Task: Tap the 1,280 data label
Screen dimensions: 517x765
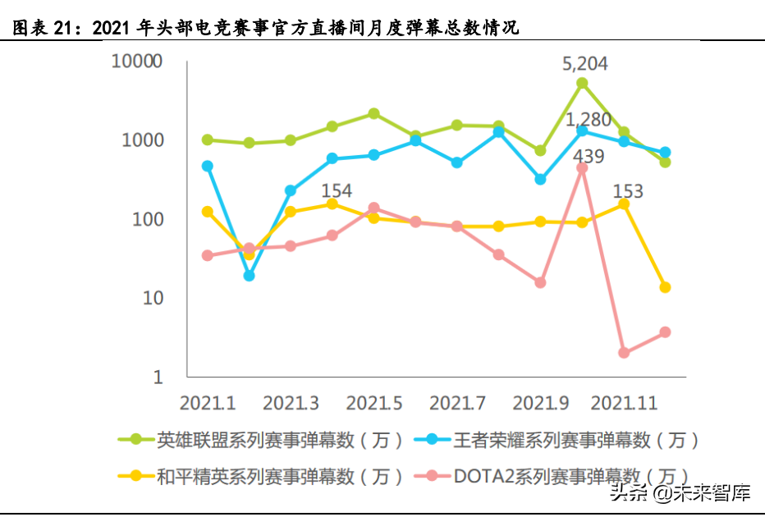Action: pyautogui.click(x=589, y=121)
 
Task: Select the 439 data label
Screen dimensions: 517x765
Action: pyautogui.click(x=588, y=156)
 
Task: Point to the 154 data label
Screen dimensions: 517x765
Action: pyautogui.click(x=336, y=191)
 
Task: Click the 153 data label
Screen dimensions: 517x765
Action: pyautogui.click(x=627, y=192)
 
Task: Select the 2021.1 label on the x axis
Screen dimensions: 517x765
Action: pyautogui.click(x=208, y=404)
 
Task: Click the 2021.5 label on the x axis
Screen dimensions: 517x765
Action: pyautogui.click(x=374, y=404)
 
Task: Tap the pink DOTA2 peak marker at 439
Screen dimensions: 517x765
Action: pyautogui.click(x=582, y=167)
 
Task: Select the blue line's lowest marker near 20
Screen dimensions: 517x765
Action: pyautogui.click(x=249, y=276)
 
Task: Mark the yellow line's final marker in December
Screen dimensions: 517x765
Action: pyautogui.click(x=666, y=287)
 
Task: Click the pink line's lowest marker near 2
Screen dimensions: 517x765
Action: pyautogui.click(x=624, y=353)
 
